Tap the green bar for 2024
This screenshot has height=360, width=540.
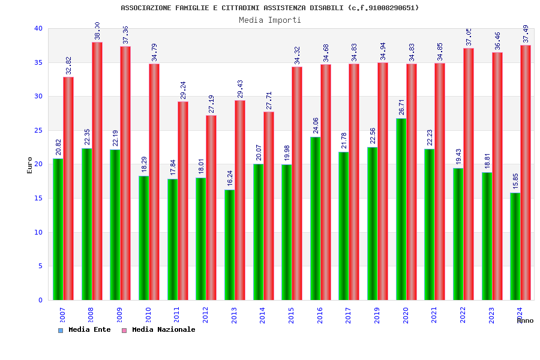(x=515, y=246)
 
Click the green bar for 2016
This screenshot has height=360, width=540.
(x=315, y=218)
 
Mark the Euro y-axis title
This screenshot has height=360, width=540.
(x=30, y=165)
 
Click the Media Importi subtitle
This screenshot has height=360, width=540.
(x=270, y=20)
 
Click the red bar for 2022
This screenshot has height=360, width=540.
(x=469, y=174)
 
